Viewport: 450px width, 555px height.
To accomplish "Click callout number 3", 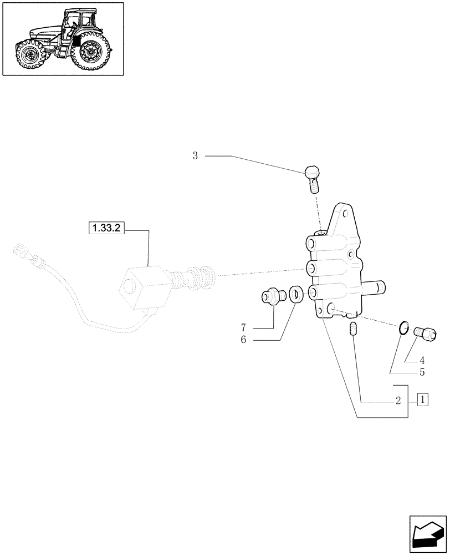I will [195, 157].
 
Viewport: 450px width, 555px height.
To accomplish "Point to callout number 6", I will [243, 340].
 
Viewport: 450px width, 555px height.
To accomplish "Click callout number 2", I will [398, 400].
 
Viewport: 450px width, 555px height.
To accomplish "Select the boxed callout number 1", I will [422, 400].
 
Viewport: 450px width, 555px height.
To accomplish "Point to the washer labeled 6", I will [295, 294].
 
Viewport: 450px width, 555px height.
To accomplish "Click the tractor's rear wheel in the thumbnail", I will [89, 54].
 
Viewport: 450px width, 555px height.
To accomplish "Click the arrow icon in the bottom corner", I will [427, 533].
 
